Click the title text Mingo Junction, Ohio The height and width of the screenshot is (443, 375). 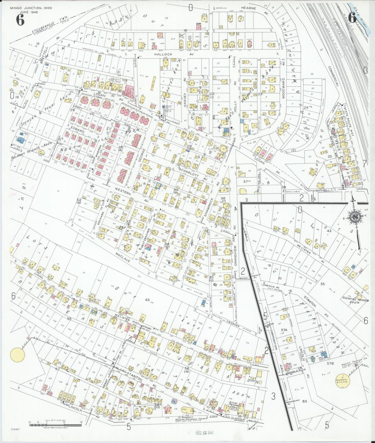(x=31, y=8)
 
